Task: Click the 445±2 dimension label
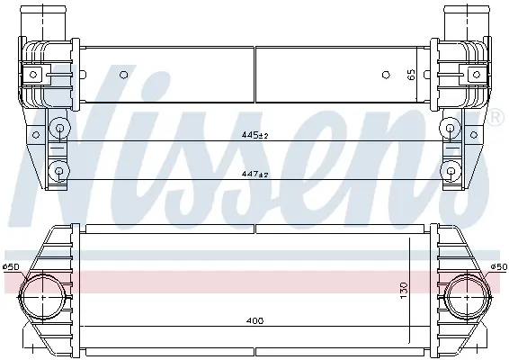[x=254, y=135]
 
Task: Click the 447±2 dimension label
[x=254, y=175]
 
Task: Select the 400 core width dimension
[x=254, y=321]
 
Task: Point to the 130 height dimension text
[x=404, y=291]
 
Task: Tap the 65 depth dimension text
[x=411, y=75]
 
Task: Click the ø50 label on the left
[x=12, y=266]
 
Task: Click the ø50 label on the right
[x=498, y=266]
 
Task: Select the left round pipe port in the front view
[x=42, y=297]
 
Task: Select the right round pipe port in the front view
[x=467, y=297]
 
